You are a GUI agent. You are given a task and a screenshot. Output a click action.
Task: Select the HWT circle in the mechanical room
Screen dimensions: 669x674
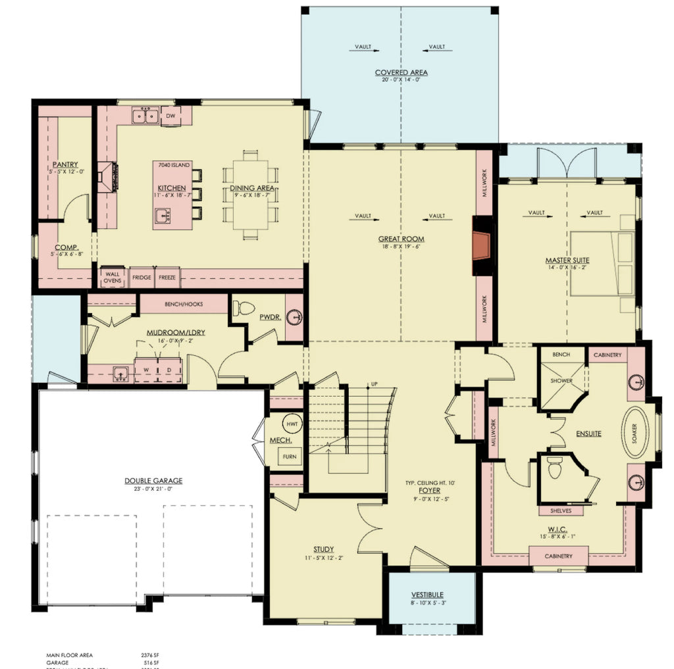point(292,424)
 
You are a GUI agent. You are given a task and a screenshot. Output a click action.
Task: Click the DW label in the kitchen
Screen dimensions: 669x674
point(170,116)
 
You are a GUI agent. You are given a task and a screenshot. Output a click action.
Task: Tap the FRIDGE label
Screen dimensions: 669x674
point(142,278)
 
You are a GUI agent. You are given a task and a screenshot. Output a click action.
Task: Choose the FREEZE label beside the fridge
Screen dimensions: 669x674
point(167,278)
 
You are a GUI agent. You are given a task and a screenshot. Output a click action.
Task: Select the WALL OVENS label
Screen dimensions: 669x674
point(111,278)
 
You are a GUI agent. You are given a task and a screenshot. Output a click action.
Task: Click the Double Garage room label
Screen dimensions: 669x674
point(153,481)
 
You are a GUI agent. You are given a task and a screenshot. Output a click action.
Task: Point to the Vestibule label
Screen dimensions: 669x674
point(427,595)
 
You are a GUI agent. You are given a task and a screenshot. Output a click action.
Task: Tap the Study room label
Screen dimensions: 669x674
point(323,549)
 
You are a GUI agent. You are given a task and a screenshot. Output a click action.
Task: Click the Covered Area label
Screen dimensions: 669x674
point(402,72)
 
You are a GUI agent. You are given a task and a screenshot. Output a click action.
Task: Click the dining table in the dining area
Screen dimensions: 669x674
point(252,195)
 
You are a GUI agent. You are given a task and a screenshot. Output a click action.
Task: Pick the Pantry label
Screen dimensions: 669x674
point(66,164)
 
